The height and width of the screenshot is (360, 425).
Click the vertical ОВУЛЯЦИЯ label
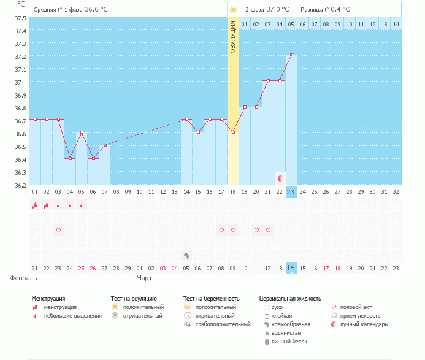pyautogui.click(x=233, y=37)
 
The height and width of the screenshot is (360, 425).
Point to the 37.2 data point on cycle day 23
pyautogui.click(x=291, y=55)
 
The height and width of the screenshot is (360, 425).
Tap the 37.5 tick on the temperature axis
pyautogui.click(x=21, y=18)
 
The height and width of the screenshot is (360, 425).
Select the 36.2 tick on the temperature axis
pyautogui.click(x=21, y=185)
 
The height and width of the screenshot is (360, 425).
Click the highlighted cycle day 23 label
pyautogui.click(x=291, y=192)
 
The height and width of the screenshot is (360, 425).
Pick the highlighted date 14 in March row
pyautogui.click(x=291, y=268)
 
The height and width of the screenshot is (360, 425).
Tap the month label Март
pyautogui.click(x=145, y=278)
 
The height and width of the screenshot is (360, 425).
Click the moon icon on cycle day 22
pyautogui.click(x=280, y=178)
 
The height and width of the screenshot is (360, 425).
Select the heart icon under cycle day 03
pyautogui.click(x=59, y=230)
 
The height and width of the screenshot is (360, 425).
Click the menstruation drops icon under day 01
pyautogui.click(x=35, y=205)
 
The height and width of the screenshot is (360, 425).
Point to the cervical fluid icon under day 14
pyautogui.click(x=186, y=255)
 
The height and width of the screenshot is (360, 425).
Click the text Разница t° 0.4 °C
pyautogui.click(x=325, y=10)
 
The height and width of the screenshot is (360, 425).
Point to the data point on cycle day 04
pyautogui.click(x=71, y=158)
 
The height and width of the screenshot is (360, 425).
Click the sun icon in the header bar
pyautogui.click(x=233, y=10)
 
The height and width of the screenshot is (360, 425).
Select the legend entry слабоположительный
pyautogui.click(x=221, y=324)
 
